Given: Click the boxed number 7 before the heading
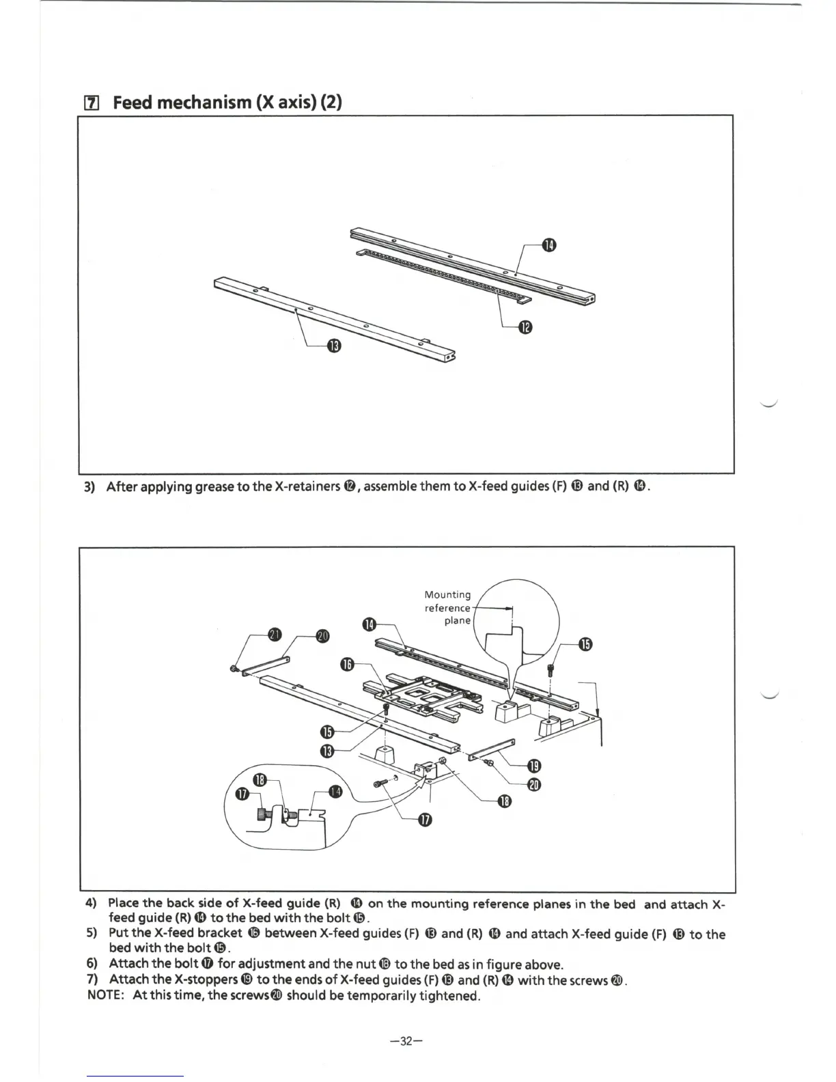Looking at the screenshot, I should click(x=91, y=104).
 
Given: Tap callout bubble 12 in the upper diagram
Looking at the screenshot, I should click(x=525, y=328).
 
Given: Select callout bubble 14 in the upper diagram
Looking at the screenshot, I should click(x=549, y=246).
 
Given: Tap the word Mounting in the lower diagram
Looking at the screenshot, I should click(x=447, y=595).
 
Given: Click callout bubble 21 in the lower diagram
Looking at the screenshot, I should click(x=274, y=635).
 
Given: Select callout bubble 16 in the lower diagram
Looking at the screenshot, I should click(x=348, y=665).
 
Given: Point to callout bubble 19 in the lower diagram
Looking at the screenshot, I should click(x=535, y=765).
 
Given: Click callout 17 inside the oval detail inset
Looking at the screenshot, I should click(x=242, y=794).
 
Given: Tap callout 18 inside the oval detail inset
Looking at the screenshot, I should click(x=260, y=780).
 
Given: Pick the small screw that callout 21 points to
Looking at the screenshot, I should click(x=234, y=669).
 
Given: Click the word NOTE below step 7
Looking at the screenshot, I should click(x=104, y=995).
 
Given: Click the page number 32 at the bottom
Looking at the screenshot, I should click(x=406, y=1042).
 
